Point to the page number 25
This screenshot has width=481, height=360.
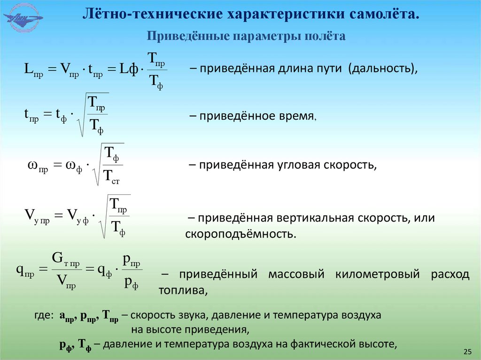tap(467, 352)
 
